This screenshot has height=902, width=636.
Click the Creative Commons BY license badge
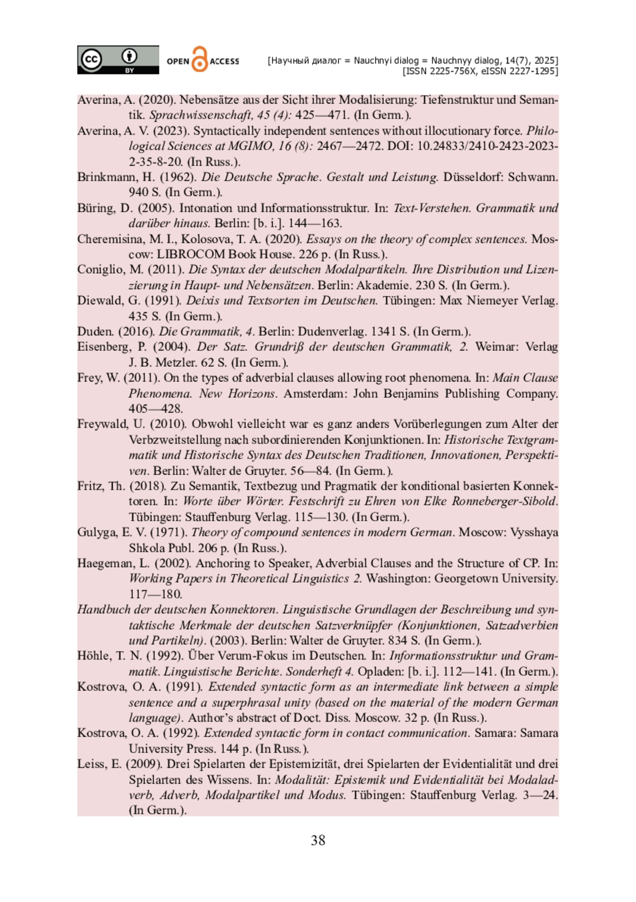pyautogui.click(x=118, y=59)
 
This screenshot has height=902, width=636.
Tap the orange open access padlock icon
pyautogui.click(x=199, y=59)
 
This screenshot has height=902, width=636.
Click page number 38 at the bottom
pyautogui.click(x=318, y=840)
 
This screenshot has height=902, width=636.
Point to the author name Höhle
pyautogui.click(x=93, y=656)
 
